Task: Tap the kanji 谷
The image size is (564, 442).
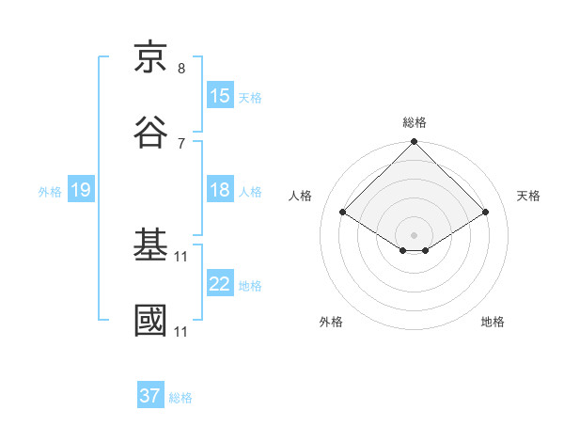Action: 151,133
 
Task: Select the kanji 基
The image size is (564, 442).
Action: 151,246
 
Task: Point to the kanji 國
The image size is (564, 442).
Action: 151,321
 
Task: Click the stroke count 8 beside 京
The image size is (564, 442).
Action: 181,69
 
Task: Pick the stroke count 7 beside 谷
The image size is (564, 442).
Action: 181,143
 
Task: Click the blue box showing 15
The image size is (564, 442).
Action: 220,96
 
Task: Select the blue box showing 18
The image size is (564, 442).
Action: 220,190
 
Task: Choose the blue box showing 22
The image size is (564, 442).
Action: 220,284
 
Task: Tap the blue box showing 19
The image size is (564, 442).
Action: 80,190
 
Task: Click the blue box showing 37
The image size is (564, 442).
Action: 150,396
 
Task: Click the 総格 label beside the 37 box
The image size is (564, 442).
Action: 181,398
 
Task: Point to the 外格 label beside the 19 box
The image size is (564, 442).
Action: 50,192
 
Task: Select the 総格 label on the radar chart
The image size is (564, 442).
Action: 415,122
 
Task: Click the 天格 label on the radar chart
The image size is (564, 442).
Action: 528,196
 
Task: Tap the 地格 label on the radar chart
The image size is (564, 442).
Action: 493,322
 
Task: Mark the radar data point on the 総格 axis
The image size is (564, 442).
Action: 415,143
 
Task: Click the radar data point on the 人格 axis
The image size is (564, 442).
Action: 343,213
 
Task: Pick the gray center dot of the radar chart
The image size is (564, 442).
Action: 415,234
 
